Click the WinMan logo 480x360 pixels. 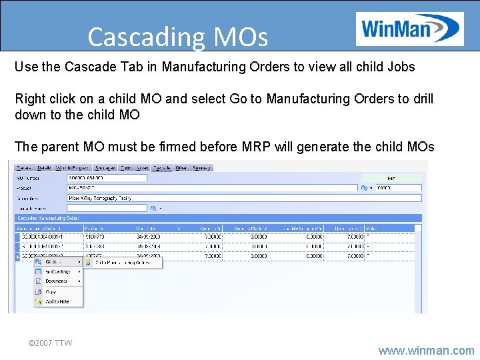coord(409,29)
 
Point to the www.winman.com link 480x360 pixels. coord(426,350)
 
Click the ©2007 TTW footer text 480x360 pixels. coord(50,343)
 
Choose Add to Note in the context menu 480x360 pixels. coord(57,301)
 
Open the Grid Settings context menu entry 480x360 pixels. coord(58,271)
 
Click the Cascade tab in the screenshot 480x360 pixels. coord(161,168)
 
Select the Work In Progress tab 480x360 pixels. coord(73,168)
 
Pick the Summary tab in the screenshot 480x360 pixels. coord(201,168)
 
